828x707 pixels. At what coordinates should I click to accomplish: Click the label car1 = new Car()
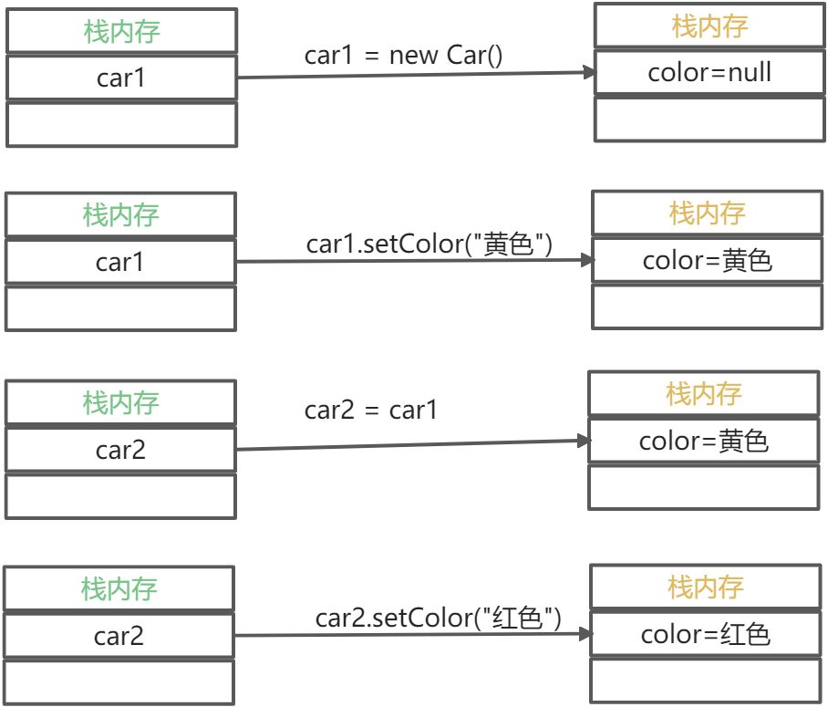(404, 55)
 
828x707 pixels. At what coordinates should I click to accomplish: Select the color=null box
(709, 72)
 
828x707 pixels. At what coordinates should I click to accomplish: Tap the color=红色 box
(706, 634)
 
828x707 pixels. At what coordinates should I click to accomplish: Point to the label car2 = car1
(371, 410)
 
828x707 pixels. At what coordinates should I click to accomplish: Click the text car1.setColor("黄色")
(430, 244)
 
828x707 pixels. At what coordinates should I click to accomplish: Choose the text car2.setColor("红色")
(439, 619)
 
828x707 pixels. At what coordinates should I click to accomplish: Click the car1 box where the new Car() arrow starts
(121, 78)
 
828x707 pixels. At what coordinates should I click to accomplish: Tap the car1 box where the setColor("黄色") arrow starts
(120, 263)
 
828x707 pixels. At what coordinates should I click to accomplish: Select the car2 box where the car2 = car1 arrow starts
(120, 450)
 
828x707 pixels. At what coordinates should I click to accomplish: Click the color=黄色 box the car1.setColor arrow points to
(708, 260)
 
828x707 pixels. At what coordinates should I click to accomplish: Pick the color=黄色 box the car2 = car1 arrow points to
(704, 442)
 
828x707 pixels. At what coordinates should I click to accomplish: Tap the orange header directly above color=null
(709, 26)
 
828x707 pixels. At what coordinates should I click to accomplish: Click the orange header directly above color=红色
(706, 587)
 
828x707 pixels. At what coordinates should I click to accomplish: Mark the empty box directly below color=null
(709, 119)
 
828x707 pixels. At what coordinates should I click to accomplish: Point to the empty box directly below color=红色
(706, 681)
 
